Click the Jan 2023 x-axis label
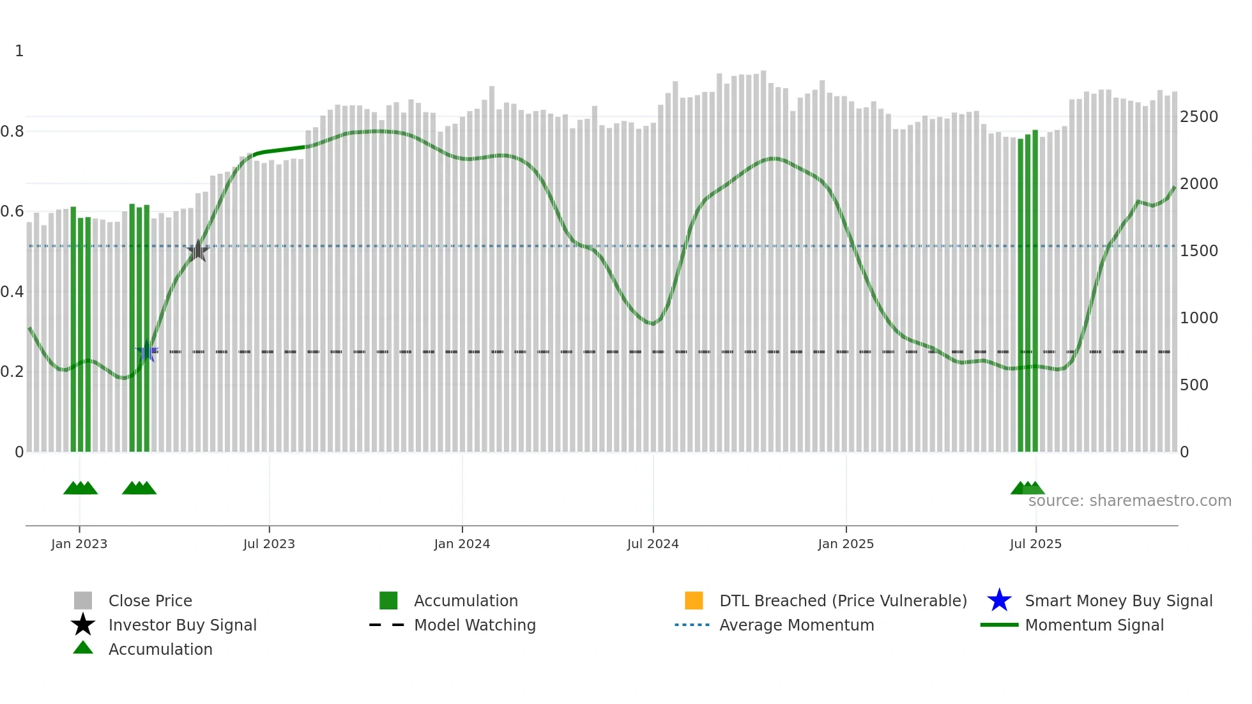tap(79, 544)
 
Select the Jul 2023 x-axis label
tap(269, 544)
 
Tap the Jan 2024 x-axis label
tap(462, 544)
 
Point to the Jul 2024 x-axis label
tap(653, 544)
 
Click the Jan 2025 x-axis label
tap(846, 544)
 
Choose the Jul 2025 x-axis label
tap(1035, 544)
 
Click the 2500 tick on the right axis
tap(1199, 117)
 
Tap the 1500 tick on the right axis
tap(1199, 251)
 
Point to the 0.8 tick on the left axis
tap(12, 132)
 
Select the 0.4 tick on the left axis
tap(12, 292)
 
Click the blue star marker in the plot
tap(147, 351)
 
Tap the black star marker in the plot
tap(198, 251)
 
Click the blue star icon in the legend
tap(999, 601)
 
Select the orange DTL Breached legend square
tap(694, 601)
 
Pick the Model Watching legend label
tap(475, 625)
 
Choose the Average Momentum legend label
tap(797, 625)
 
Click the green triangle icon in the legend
tap(83, 648)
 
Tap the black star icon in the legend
tap(83, 625)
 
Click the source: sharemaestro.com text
tap(1129, 501)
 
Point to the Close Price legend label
tap(150, 601)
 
